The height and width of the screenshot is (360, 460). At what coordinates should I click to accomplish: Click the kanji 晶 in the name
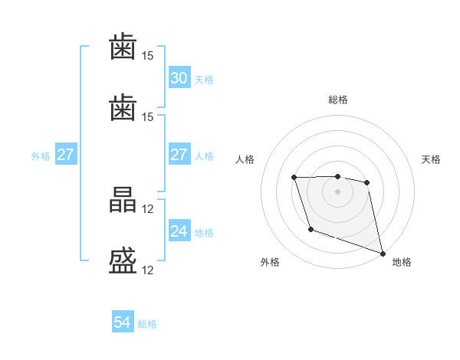[123, 200]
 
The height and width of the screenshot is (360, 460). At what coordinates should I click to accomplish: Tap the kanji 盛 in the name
[123, 261]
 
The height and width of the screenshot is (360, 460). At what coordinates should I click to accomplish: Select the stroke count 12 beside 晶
[147, 209]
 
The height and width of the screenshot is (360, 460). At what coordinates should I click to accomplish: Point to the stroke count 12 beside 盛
[147, 270]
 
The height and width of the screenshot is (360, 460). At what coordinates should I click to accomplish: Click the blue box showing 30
[179, 77]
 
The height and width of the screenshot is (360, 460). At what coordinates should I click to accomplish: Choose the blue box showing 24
[179, 230]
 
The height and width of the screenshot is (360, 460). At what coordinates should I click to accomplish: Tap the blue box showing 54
[123, 321]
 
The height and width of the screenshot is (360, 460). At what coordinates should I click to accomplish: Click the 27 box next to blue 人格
[179, 154]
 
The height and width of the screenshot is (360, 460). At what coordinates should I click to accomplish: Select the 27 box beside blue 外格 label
[66, 154]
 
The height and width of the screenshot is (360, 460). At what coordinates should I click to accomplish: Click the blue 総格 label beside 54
[147, 324]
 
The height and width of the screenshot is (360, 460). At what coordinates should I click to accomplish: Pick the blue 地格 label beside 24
[204, 233]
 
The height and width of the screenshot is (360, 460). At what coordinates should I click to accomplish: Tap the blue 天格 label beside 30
[204, 80]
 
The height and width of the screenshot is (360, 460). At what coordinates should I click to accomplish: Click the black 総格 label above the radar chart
[338, 100]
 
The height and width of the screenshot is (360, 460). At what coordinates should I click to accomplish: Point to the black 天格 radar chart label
[431, 159]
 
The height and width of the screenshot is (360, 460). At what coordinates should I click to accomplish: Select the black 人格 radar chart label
[245, 159]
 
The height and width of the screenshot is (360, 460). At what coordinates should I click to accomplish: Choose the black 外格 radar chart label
[270, 262]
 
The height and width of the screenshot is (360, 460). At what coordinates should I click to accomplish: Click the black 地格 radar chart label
[402, 262]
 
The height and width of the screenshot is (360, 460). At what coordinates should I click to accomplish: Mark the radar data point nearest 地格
[383, 254]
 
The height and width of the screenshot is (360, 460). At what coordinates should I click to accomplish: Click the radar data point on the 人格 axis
[294, 178]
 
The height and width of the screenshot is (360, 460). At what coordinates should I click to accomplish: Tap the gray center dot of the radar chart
[337, 191]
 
